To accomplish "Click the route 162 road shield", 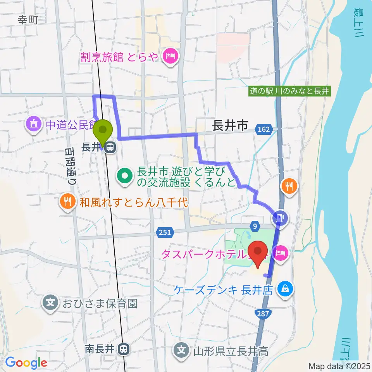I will pos(264,129).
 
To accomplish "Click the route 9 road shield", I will pos(255,225).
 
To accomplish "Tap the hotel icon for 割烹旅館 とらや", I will pos(171,57).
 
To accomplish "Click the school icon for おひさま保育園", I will pos(51,302).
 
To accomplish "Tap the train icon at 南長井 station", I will pos(124,349).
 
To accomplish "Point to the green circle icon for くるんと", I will pos(125,177).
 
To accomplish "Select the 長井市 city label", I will pos(230,126).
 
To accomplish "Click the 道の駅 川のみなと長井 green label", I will pos(289,91).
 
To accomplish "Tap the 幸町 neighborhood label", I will pos(28,20).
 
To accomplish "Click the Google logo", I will pos(26,363).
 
